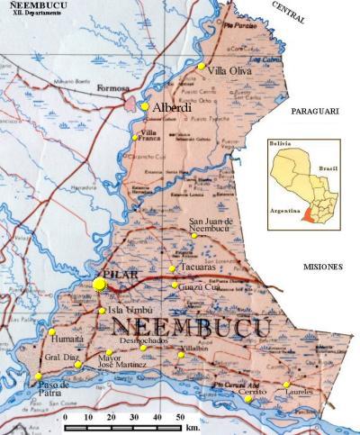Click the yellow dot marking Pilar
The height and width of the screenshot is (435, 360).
99,285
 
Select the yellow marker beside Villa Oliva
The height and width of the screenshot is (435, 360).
202,66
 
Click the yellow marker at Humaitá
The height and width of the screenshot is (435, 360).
52,332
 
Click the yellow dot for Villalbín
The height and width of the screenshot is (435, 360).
181,355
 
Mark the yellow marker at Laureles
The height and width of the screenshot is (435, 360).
287,385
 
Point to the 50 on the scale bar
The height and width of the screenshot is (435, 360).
181,419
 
